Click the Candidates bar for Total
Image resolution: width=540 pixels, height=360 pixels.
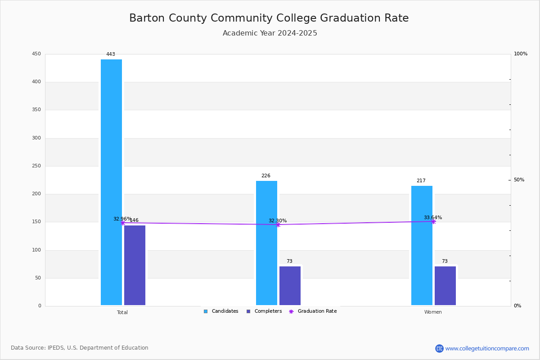[111, 182]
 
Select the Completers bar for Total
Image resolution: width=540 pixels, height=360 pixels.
[135, 265]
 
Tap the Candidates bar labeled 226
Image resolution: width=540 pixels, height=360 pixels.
[266, 243]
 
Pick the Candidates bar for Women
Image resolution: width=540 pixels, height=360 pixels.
[422, 245]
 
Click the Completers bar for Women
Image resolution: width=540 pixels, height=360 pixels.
[445, 286]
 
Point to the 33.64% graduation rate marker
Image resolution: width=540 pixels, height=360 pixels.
[433, 221]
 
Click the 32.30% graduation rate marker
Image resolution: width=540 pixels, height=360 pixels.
[278, 225]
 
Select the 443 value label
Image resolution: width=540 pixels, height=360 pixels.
[111, 54]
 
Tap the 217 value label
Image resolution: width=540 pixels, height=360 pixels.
[421, 181]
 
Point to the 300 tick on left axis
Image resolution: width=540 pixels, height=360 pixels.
[36, 138]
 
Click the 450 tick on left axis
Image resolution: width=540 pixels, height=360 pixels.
[36, 54]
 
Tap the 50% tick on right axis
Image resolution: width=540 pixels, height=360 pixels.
[519, 180]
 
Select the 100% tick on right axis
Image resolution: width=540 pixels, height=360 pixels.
[520, 54]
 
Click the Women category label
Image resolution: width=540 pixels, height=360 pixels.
[433, 312]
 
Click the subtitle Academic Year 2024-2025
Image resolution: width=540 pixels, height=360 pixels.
[270, 33]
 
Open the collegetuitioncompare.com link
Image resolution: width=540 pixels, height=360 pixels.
[487, 348]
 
